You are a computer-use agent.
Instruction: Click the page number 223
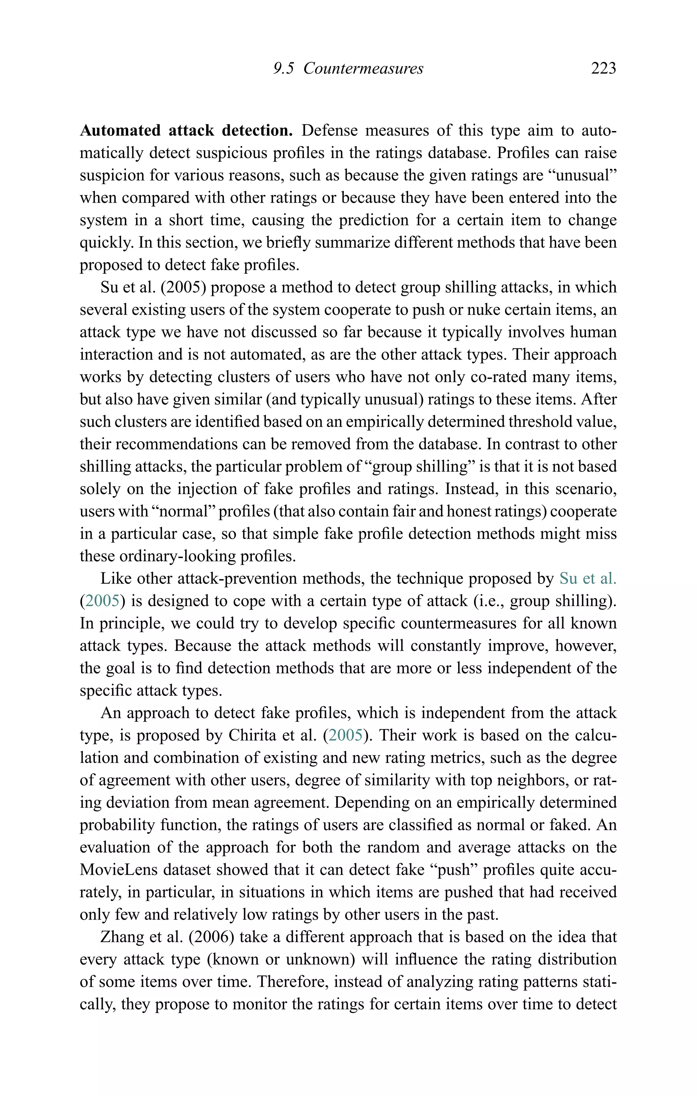click(603, 68)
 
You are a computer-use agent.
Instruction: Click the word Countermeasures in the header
click(363, 68)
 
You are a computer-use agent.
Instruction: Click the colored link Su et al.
click(588, 578)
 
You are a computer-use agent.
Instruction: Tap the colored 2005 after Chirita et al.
click(346, 735)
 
